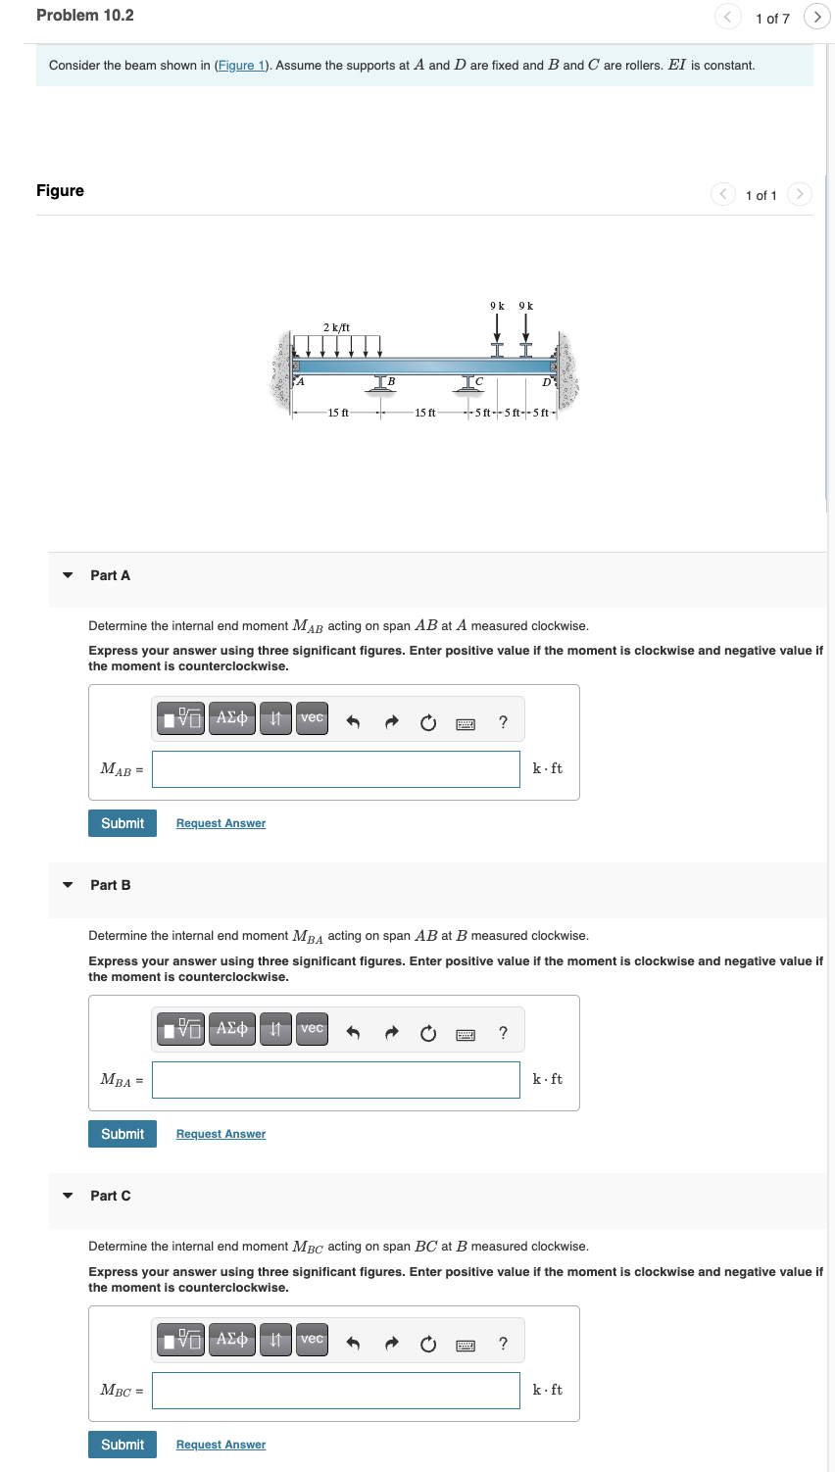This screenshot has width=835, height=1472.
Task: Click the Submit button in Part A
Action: coord(123,823)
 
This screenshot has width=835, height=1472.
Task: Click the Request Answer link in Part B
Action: coord(221,1134)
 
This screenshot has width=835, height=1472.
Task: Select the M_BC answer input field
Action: coord(336,1390)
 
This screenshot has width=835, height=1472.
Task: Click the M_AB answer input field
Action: coord(336,768)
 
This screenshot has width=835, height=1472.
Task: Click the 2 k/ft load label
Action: coord(336,327)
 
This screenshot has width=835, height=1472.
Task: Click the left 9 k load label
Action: coord(497,306)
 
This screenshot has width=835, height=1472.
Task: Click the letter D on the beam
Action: coord(546,381)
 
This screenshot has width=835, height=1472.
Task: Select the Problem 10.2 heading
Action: coord(85,16)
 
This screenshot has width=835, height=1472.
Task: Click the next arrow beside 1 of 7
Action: coord(815,17)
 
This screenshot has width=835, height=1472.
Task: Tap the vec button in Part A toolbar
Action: coord(312,717)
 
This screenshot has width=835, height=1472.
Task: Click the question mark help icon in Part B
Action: coord(503,1032)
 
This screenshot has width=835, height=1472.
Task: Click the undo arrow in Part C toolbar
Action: coord(354,1343)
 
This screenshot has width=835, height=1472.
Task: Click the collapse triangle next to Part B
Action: coord(68,885)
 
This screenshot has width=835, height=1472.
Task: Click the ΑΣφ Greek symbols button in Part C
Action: coord(231,1340)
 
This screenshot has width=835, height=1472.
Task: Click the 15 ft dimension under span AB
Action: coord(338,413)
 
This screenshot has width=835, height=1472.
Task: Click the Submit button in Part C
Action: coord(123,1445)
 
